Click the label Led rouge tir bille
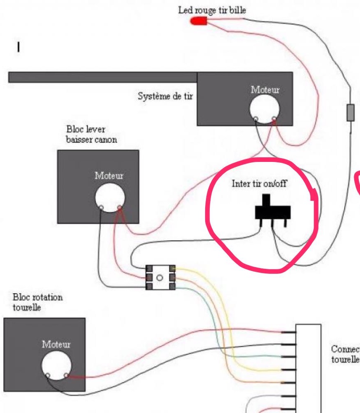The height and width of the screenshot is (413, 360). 212,10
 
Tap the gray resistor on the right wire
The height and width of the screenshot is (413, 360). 350,112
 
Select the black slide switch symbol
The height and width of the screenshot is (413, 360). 273,212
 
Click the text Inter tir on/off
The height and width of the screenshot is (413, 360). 259,183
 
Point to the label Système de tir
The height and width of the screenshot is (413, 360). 165,97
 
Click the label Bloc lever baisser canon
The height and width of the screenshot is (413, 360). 91,135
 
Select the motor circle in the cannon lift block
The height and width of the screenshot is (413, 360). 110,197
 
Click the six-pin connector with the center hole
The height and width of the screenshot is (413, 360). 160,277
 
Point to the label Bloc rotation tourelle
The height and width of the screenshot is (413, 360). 38,302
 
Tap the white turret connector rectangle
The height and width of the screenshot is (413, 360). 308,368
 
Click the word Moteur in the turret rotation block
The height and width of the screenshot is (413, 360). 56,344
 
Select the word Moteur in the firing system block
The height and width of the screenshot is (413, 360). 265,90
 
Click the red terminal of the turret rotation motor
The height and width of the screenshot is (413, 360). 66,375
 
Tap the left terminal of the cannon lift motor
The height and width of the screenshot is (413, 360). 101,207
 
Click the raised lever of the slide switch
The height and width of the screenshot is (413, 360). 267,200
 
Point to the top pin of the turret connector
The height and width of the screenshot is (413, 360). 289,332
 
